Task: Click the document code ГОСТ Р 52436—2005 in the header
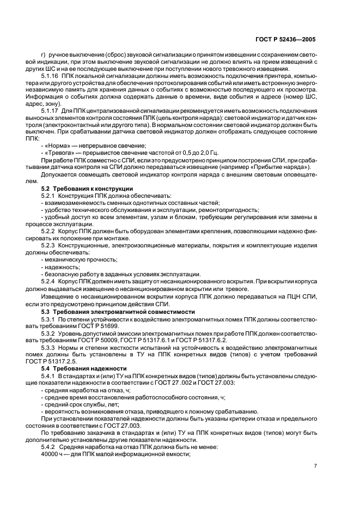coord(285,40)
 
